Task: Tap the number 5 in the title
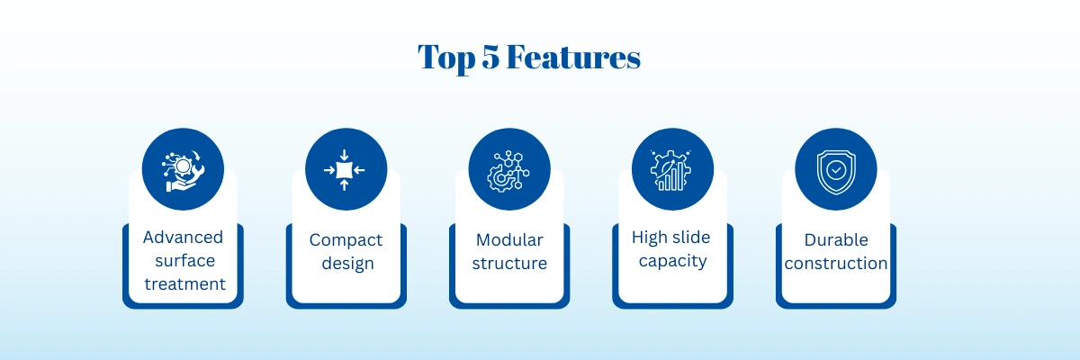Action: (490, 57)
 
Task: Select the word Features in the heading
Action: (573, 57)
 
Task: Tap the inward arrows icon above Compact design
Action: (344, 170)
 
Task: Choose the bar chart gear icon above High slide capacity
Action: (671, 170)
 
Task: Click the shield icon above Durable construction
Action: (836, 172)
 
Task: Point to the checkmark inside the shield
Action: (836, 169)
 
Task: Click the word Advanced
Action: (184, 237)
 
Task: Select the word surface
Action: (185, 261)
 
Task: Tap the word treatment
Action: (185, 284)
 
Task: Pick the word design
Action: (348, 264)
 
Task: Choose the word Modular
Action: (509, 239)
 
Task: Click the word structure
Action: (509, 264)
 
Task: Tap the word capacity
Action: (673, 262)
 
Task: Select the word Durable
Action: (836, 239)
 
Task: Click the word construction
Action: (836, 264)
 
